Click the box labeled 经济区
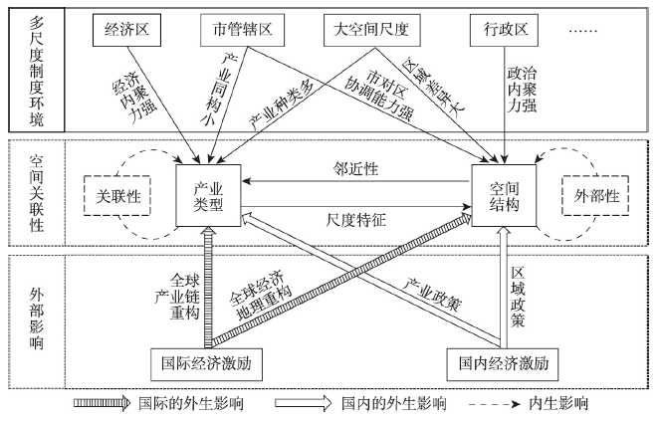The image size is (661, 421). (x=126, y=31)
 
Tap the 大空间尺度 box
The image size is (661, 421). (x=369, y=31)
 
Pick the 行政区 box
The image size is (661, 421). (x=505, y=31)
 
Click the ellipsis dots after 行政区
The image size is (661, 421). (x=583, y=31)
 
